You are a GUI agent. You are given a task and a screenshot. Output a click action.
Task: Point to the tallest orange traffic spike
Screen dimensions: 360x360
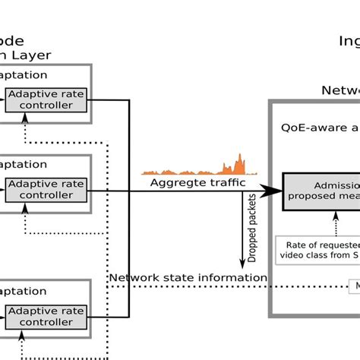(x=239, y=161)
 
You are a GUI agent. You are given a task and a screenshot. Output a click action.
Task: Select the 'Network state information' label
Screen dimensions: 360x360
(x=188, y=278)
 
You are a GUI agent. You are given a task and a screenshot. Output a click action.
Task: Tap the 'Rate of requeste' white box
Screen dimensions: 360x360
(x=318, y=249)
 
